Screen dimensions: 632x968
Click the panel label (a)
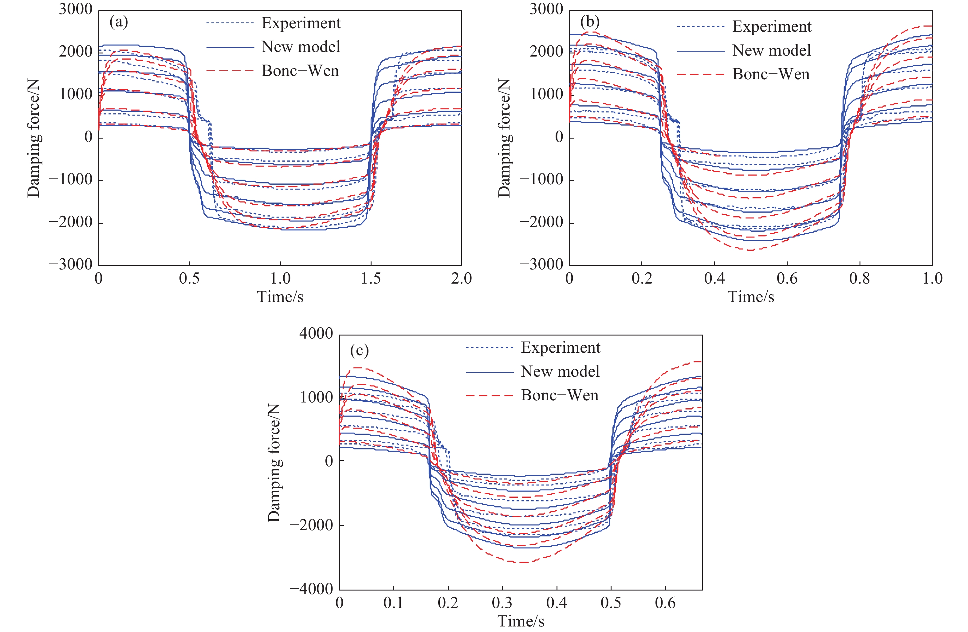[x=119, y=22]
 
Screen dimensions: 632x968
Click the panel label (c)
[x=360, y=350]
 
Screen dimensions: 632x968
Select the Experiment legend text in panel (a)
[x=301, y=23]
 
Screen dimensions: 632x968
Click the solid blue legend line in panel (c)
[x=490, y=372]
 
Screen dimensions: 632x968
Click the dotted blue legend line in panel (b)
[x=701, y=27]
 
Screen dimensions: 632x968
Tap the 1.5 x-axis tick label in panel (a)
[x=371, y=279]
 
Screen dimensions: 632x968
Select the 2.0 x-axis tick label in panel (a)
[x=462, y=279]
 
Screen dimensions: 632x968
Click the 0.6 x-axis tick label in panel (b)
[x=787, y=279]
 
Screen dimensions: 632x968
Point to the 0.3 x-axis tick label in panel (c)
[x=502, y=603]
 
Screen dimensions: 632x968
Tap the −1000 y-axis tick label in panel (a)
[x=71, y=179]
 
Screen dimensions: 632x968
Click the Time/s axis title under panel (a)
[x=280, y=297]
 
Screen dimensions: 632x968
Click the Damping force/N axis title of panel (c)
[x=274, y=462]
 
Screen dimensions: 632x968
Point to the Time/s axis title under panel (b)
[x=751, y=297]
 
